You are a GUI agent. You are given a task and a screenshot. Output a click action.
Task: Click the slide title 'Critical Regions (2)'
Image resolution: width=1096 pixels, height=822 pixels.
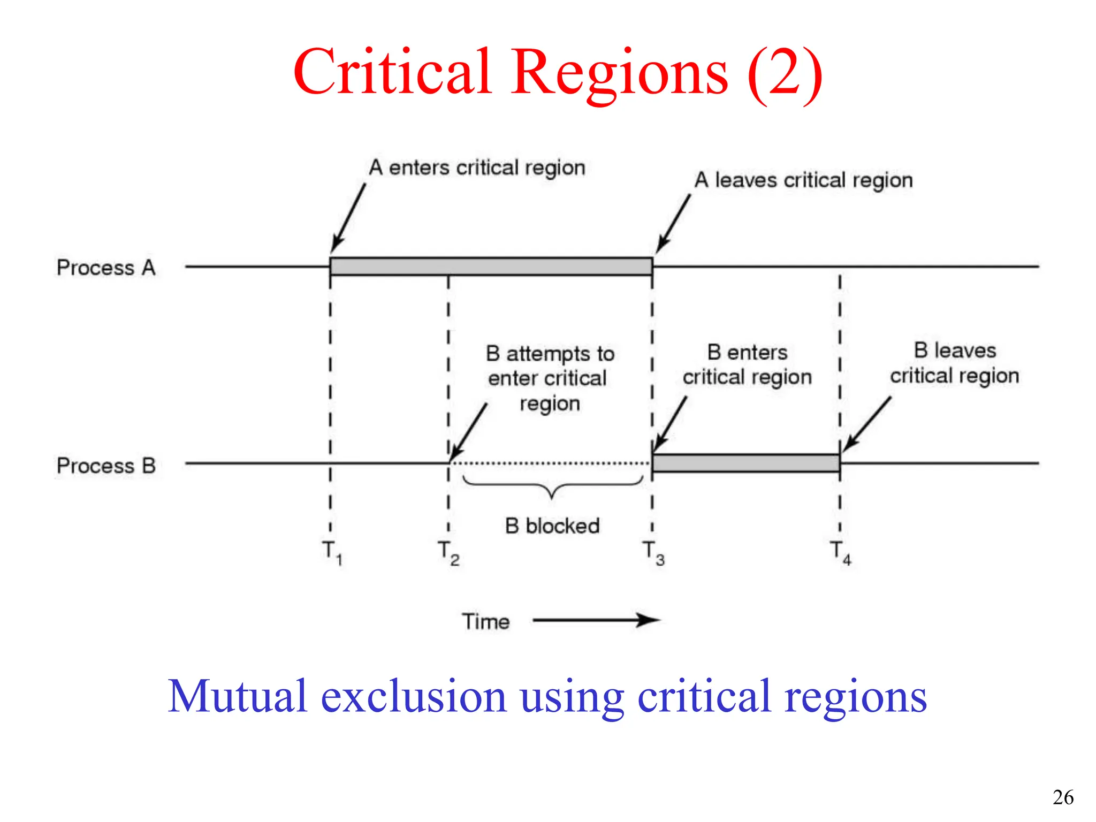558,72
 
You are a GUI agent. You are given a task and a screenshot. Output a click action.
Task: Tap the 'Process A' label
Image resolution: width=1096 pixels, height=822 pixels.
106,268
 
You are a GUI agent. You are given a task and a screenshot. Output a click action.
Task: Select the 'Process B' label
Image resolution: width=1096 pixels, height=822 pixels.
106,466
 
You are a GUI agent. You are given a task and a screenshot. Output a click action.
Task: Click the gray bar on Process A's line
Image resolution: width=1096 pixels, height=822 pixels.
491,266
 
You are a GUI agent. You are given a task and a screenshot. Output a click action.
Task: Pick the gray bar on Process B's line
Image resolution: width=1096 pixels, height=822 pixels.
745,463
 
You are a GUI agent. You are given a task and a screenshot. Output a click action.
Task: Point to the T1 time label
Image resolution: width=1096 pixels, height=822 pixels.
332,552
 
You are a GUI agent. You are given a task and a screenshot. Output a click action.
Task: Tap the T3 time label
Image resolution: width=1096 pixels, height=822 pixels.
653,552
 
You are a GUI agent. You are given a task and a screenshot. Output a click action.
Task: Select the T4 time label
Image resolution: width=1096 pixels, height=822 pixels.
840,552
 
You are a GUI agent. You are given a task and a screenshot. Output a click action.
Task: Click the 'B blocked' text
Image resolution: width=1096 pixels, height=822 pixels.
552,526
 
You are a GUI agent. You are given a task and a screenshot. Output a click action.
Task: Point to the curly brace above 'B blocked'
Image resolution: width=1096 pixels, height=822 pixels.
552,485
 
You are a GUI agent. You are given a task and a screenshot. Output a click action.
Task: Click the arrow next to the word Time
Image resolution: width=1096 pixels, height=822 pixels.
597,620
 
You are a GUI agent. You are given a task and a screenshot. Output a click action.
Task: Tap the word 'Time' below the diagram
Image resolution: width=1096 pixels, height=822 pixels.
485,622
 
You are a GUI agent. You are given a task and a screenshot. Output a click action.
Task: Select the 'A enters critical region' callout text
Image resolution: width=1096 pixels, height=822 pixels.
477,168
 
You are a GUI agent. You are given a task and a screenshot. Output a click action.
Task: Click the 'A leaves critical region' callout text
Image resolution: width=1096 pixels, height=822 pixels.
803,180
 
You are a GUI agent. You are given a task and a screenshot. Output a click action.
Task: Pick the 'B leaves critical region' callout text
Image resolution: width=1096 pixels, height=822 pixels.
955,363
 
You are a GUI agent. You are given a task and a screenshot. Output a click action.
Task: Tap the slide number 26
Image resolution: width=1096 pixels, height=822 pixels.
1063,797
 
